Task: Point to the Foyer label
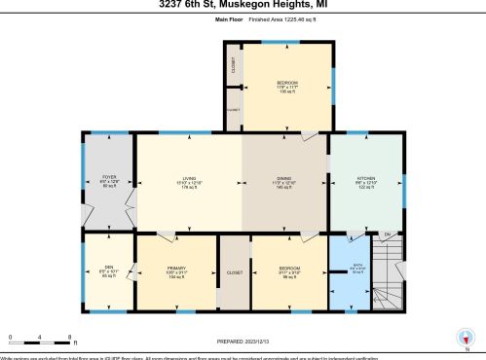pyautogui.click(x=109, y=178)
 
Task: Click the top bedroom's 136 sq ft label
pyautogui.click(x=287, y=92)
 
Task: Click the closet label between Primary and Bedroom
pyautogui.click(x=234, y=273)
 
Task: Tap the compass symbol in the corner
pyautogui.click(x=465, y=340)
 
